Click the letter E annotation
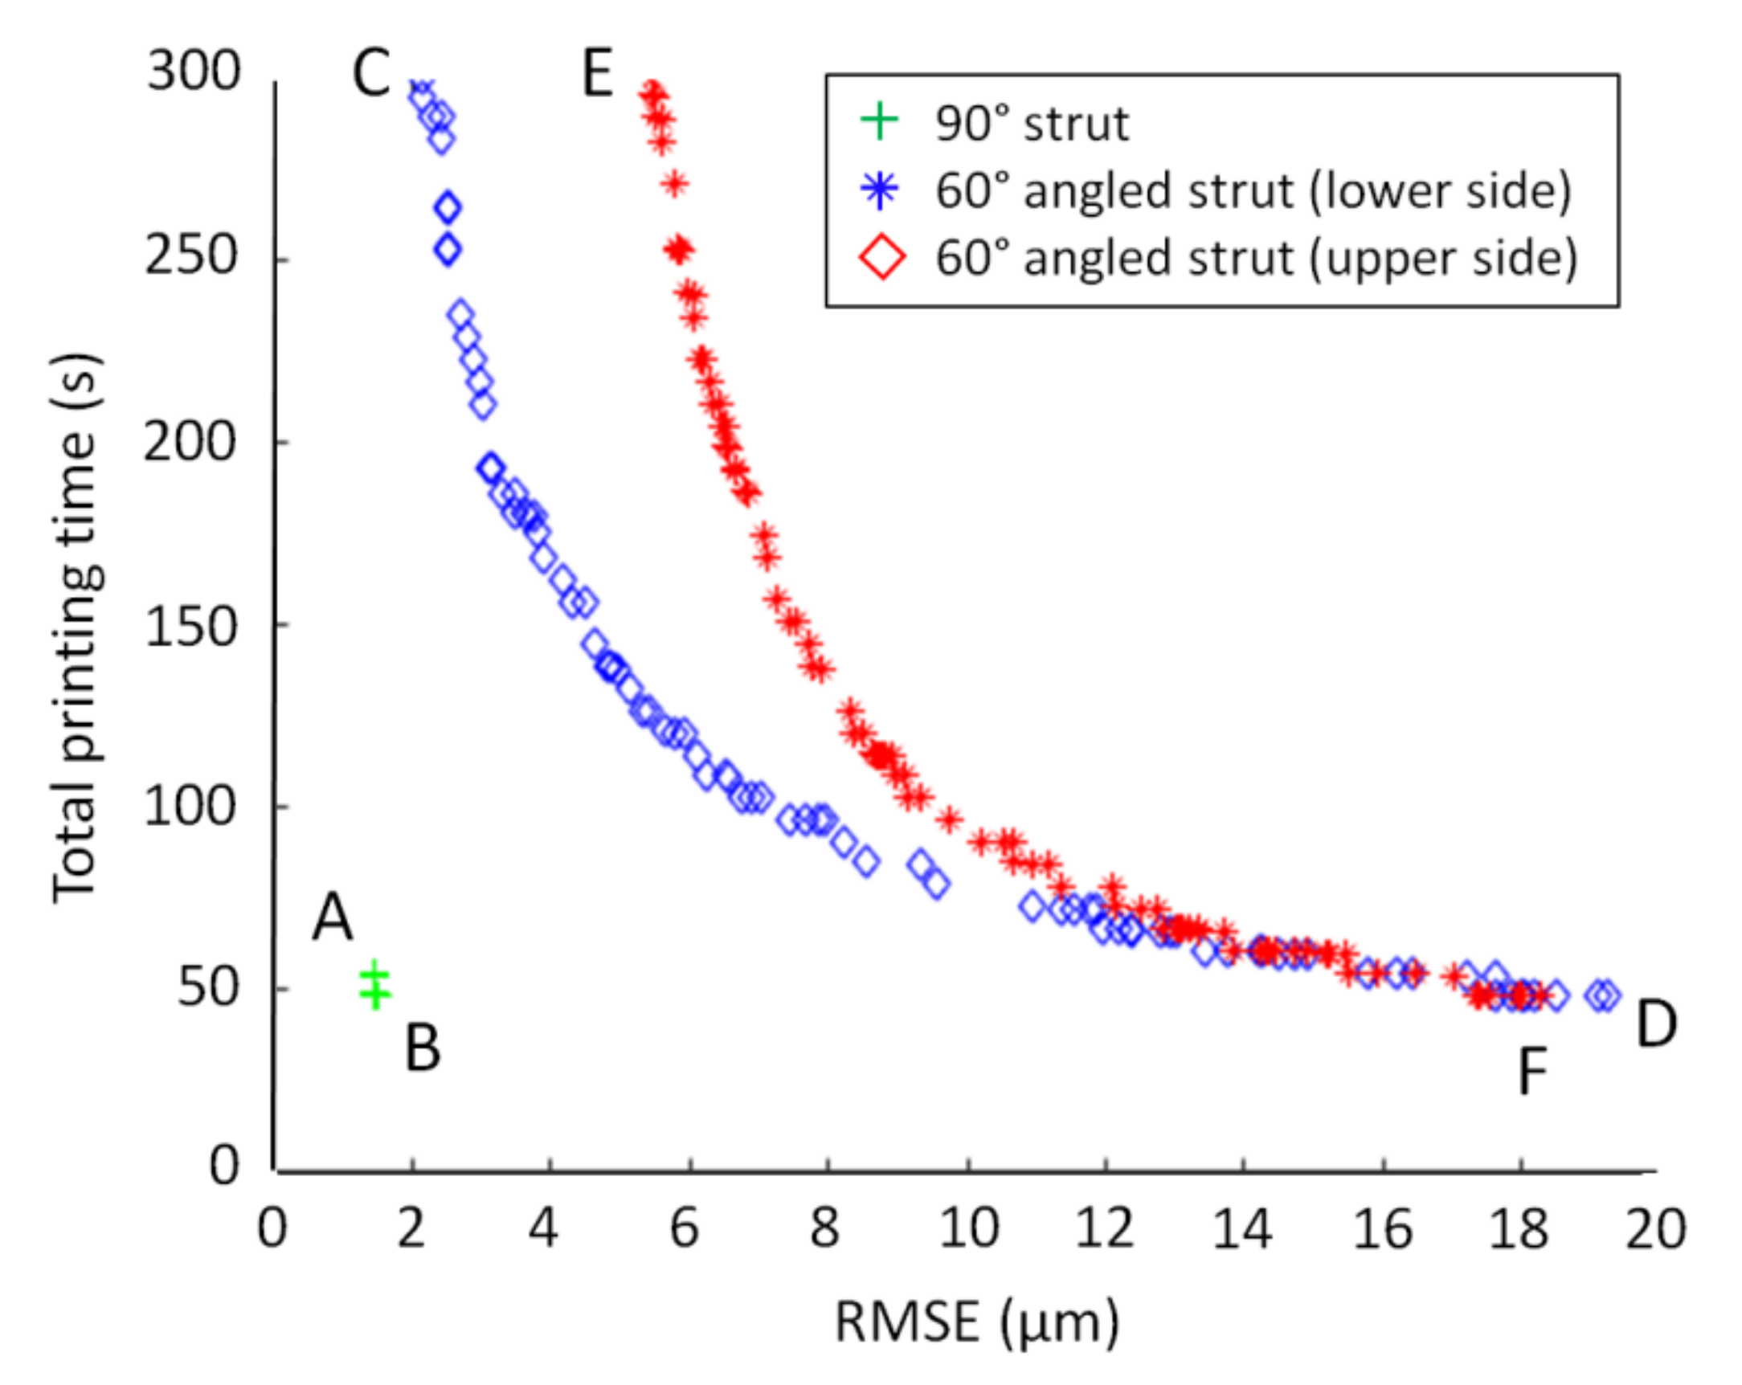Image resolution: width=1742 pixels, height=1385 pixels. click(x=597, y=75)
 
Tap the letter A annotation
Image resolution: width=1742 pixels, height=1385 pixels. click(x=332, y=918)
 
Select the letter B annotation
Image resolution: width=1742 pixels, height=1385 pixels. click(x=422, y=1048)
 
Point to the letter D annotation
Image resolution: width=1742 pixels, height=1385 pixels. click(x=1655, y=1023)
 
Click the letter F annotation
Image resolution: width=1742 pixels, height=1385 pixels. click(x=1532, y=1072)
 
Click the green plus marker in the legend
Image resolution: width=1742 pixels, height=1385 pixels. click(x=880, y=121)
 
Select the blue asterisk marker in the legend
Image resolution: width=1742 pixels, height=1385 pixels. click(x=880, y=190)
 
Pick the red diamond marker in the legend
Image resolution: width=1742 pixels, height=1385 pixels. click(x=882, y=258)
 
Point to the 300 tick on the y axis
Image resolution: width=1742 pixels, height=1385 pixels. click(x=194, y=71)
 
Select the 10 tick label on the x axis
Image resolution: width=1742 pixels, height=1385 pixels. click(x=968, y=1229)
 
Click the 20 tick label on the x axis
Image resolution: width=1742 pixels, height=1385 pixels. click(x=1655, y=1229)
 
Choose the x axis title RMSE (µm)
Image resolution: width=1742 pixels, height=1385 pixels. click(x=977, y=1323)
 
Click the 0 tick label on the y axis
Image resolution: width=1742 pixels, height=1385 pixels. click(x=224, y=1166)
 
